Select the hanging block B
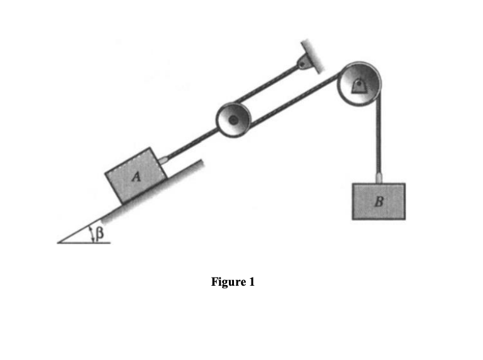pos(379,201)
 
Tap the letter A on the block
pos(135,178)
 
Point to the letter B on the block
pos(378,202)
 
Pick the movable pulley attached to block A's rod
pos(233,120)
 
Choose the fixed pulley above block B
pos(358,84)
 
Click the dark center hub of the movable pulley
pos(233,120)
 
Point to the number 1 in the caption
pos(252,282)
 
